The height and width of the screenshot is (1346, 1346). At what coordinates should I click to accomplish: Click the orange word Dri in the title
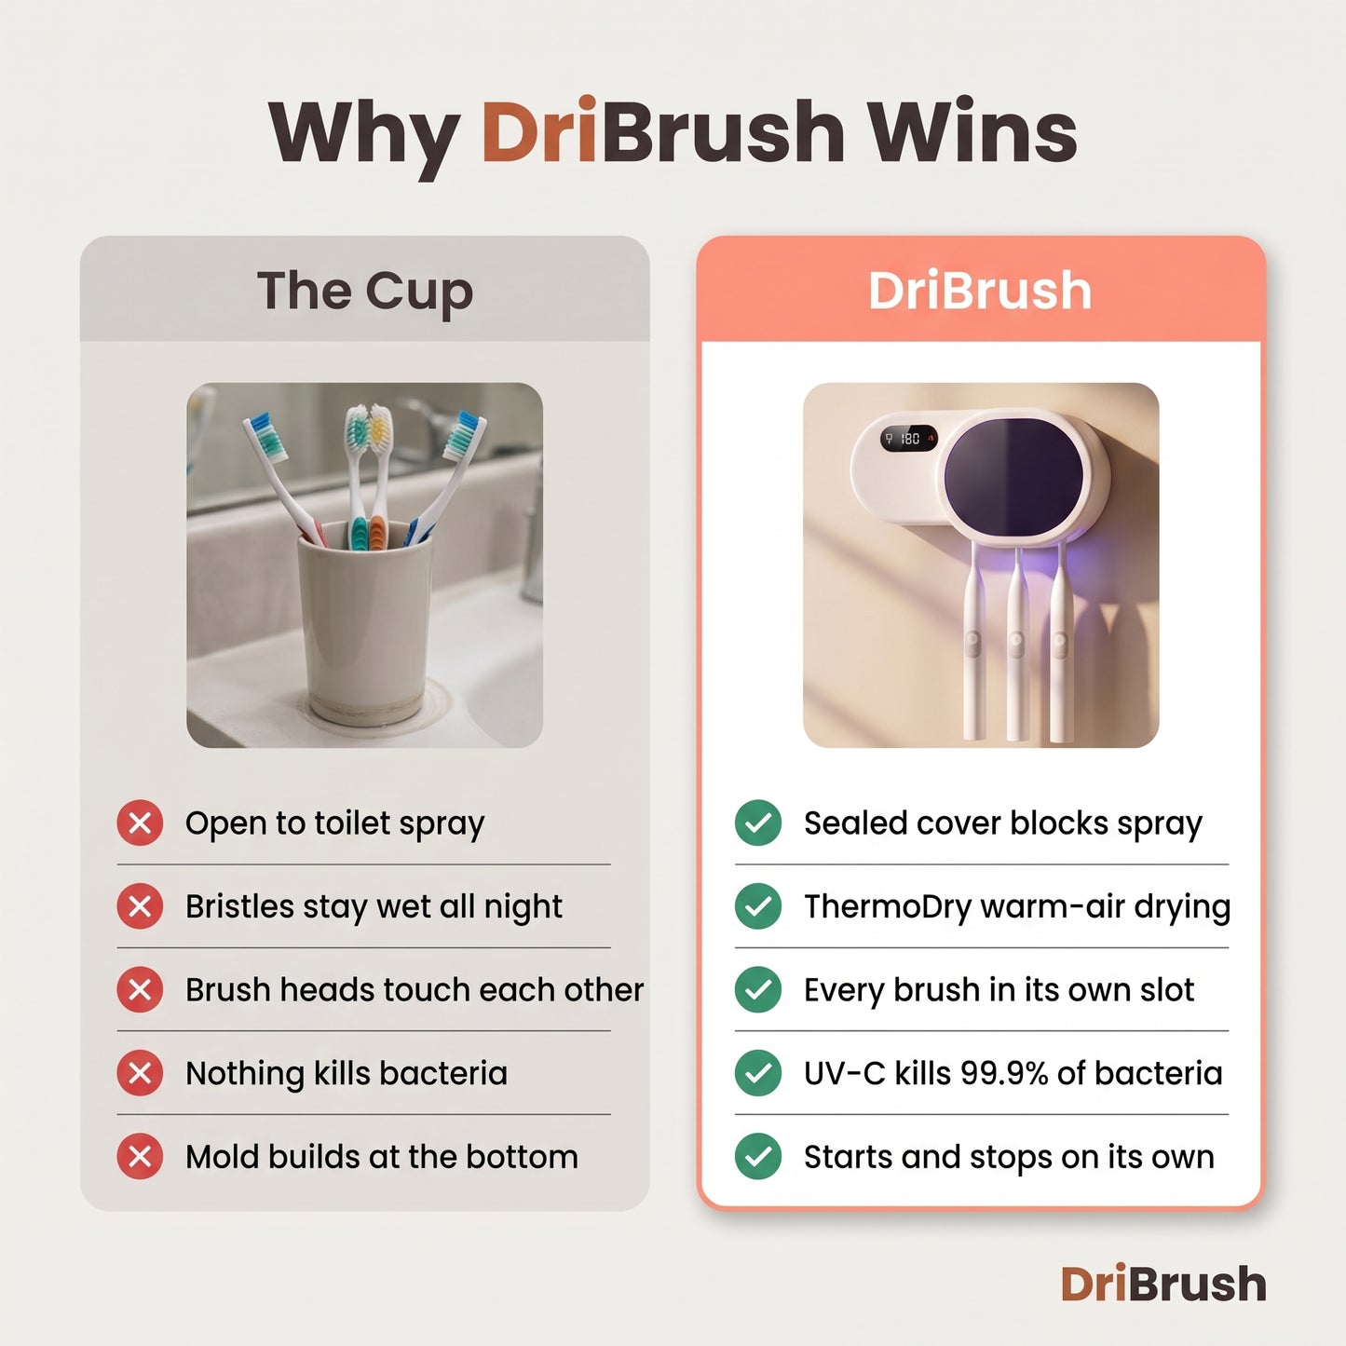tap(538, 131)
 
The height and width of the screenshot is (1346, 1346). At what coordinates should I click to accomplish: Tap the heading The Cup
tap(364, 292)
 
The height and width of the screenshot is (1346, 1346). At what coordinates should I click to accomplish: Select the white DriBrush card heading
tap(980, 290)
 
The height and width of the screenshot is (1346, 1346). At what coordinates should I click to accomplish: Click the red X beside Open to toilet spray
tap(140, 823)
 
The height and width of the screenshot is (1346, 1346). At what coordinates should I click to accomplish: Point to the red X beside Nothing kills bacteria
tap(140, 1073)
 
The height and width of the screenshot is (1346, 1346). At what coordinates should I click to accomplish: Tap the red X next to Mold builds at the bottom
tap(140, 1157)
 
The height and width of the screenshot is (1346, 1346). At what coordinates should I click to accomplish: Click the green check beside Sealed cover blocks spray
tap(758, 823)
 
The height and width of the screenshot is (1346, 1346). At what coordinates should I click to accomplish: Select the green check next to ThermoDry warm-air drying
tap(758, 906)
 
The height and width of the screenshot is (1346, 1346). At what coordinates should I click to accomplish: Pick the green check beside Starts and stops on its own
tap(758, 1157)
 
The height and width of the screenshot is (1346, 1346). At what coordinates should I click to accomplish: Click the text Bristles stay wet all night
tap(374, 907)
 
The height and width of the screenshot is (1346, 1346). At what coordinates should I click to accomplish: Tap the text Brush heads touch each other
tap(415, 990)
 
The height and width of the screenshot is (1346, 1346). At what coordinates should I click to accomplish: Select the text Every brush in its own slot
tap(999, 990)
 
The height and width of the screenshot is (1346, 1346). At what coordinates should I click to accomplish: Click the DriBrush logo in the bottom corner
tap(1163, 1284)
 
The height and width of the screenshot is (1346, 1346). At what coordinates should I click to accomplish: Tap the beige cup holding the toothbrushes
tap(364, 621)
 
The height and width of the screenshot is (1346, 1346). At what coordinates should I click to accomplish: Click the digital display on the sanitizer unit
tap(908, 439)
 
